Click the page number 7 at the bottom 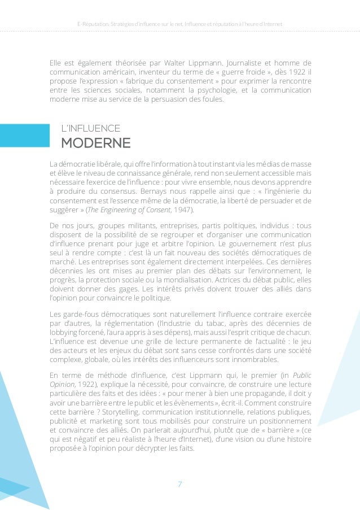[x=180, y=483]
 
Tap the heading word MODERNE [x=95, y=141]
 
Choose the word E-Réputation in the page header [x=92, y=24]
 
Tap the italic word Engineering [x=117, y=211]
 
